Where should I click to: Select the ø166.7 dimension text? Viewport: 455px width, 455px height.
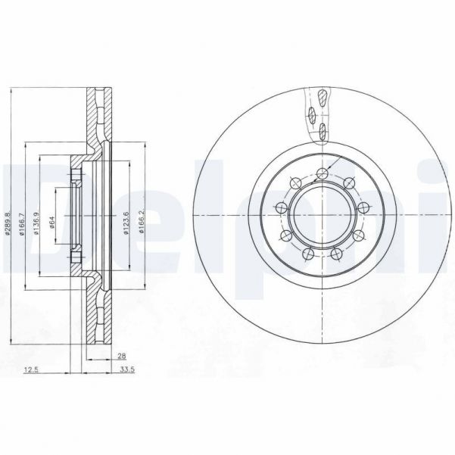click(23, 223)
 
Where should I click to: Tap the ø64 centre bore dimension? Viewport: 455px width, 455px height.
click(51, 222)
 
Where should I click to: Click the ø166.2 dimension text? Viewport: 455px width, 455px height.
click(141, 223)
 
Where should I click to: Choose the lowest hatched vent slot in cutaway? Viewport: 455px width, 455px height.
click(321, 130)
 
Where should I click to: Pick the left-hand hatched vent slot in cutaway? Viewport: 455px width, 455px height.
click(311, 114)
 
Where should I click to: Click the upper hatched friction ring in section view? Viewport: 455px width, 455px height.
click(95, 114)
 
